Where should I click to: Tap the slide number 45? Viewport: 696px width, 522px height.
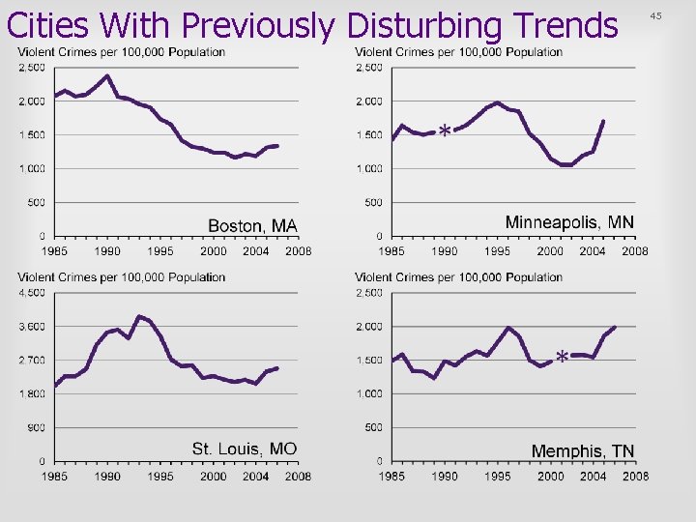point(682,16)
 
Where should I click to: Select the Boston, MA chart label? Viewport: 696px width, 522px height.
point(253,225)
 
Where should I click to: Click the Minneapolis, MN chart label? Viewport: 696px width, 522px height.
point(569,222)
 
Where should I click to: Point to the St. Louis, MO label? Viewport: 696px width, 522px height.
point(245,449)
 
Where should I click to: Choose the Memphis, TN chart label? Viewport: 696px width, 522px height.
point(583,451)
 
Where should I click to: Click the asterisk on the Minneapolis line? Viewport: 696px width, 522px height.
point(444,130)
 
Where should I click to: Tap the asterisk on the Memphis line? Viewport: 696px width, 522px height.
point(562,358)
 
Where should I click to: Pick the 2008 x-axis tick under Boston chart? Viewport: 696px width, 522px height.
point(298,250)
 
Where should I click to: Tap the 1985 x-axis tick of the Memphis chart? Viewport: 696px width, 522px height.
point(391,476)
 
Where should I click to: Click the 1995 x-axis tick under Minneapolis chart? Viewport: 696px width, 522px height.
point(497,250)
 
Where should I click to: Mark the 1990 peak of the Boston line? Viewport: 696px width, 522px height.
point(107,75)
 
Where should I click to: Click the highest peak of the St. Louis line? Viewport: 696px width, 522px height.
point(139,316)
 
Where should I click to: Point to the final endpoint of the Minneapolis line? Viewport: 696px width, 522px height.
point(603,122)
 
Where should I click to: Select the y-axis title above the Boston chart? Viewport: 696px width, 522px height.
point(122,52)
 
